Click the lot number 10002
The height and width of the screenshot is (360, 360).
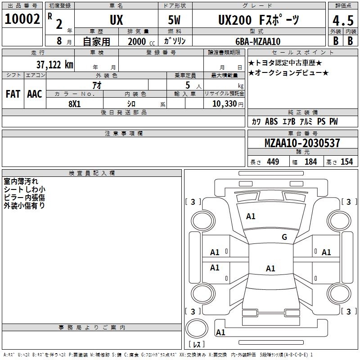click(x=22, y=19)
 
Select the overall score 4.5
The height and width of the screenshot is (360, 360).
click(x=343, y=21)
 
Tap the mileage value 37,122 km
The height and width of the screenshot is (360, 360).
click(x=55, y=65)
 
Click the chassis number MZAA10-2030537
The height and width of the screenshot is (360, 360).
click(x=302, y=143)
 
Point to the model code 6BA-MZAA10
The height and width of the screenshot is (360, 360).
click(x=258, y=41)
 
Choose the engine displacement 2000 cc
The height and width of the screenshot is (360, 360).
click(x=141, y=41)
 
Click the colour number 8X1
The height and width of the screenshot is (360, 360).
click(x=75, y=104)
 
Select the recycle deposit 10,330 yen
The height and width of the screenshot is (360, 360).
click(x=228, y=104)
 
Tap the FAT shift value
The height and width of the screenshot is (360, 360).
click(x=13, y=94)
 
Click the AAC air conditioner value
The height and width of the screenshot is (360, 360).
click(x=35, y=94)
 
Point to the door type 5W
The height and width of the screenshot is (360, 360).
click(x=174, y=20)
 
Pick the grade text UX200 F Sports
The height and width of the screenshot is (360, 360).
click(x=259, y=20)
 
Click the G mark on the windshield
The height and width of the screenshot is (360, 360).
click(x=284, y=237)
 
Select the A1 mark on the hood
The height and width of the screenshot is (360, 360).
click(x=251, y=216)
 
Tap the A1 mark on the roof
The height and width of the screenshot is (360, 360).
click(x=270, y=268)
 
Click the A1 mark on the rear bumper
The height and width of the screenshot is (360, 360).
click(x=220, y=332)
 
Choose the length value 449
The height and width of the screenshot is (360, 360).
click(x=273, y=162)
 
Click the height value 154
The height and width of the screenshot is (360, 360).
click(x=346, y=162)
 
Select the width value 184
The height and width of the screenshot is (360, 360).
click(x=310, y=162)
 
